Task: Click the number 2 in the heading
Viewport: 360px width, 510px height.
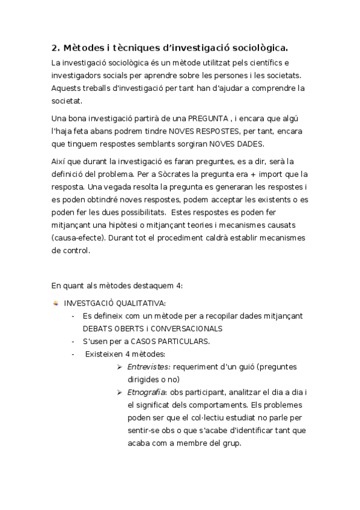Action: tap(54, 48)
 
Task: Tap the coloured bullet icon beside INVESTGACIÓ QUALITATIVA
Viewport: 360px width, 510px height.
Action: tap(56, 303)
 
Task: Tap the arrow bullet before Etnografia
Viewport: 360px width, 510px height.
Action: tap(120, 393)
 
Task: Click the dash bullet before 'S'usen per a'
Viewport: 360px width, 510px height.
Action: tap(73, 342)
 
